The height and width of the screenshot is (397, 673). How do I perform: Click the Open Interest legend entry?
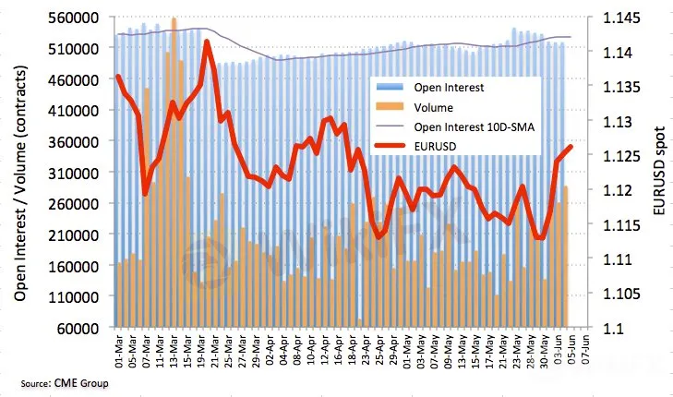click(450, 89)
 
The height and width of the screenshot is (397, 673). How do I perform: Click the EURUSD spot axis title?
click(658, 172)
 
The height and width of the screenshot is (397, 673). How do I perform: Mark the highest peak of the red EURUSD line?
click(207, 42)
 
